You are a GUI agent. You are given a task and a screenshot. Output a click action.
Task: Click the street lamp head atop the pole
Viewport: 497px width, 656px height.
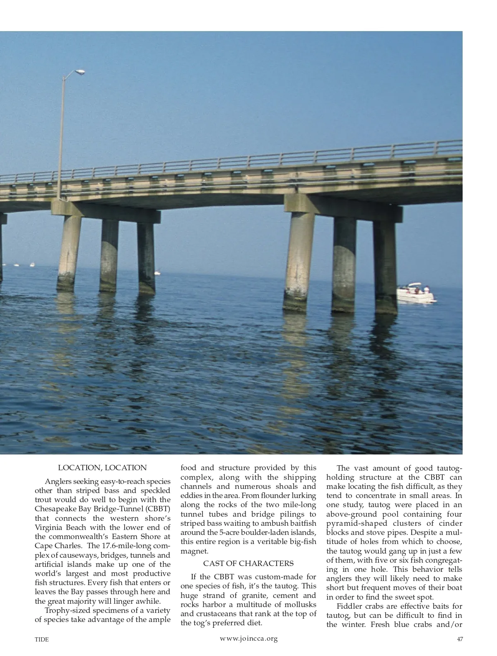[79, 73]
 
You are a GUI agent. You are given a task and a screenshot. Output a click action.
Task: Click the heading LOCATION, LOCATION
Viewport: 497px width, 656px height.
[102, 468]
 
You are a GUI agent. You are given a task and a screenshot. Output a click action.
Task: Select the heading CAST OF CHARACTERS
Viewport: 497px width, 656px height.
[248, 563]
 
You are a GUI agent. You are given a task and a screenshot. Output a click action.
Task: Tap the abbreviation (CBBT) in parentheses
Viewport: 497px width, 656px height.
[156, 509]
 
